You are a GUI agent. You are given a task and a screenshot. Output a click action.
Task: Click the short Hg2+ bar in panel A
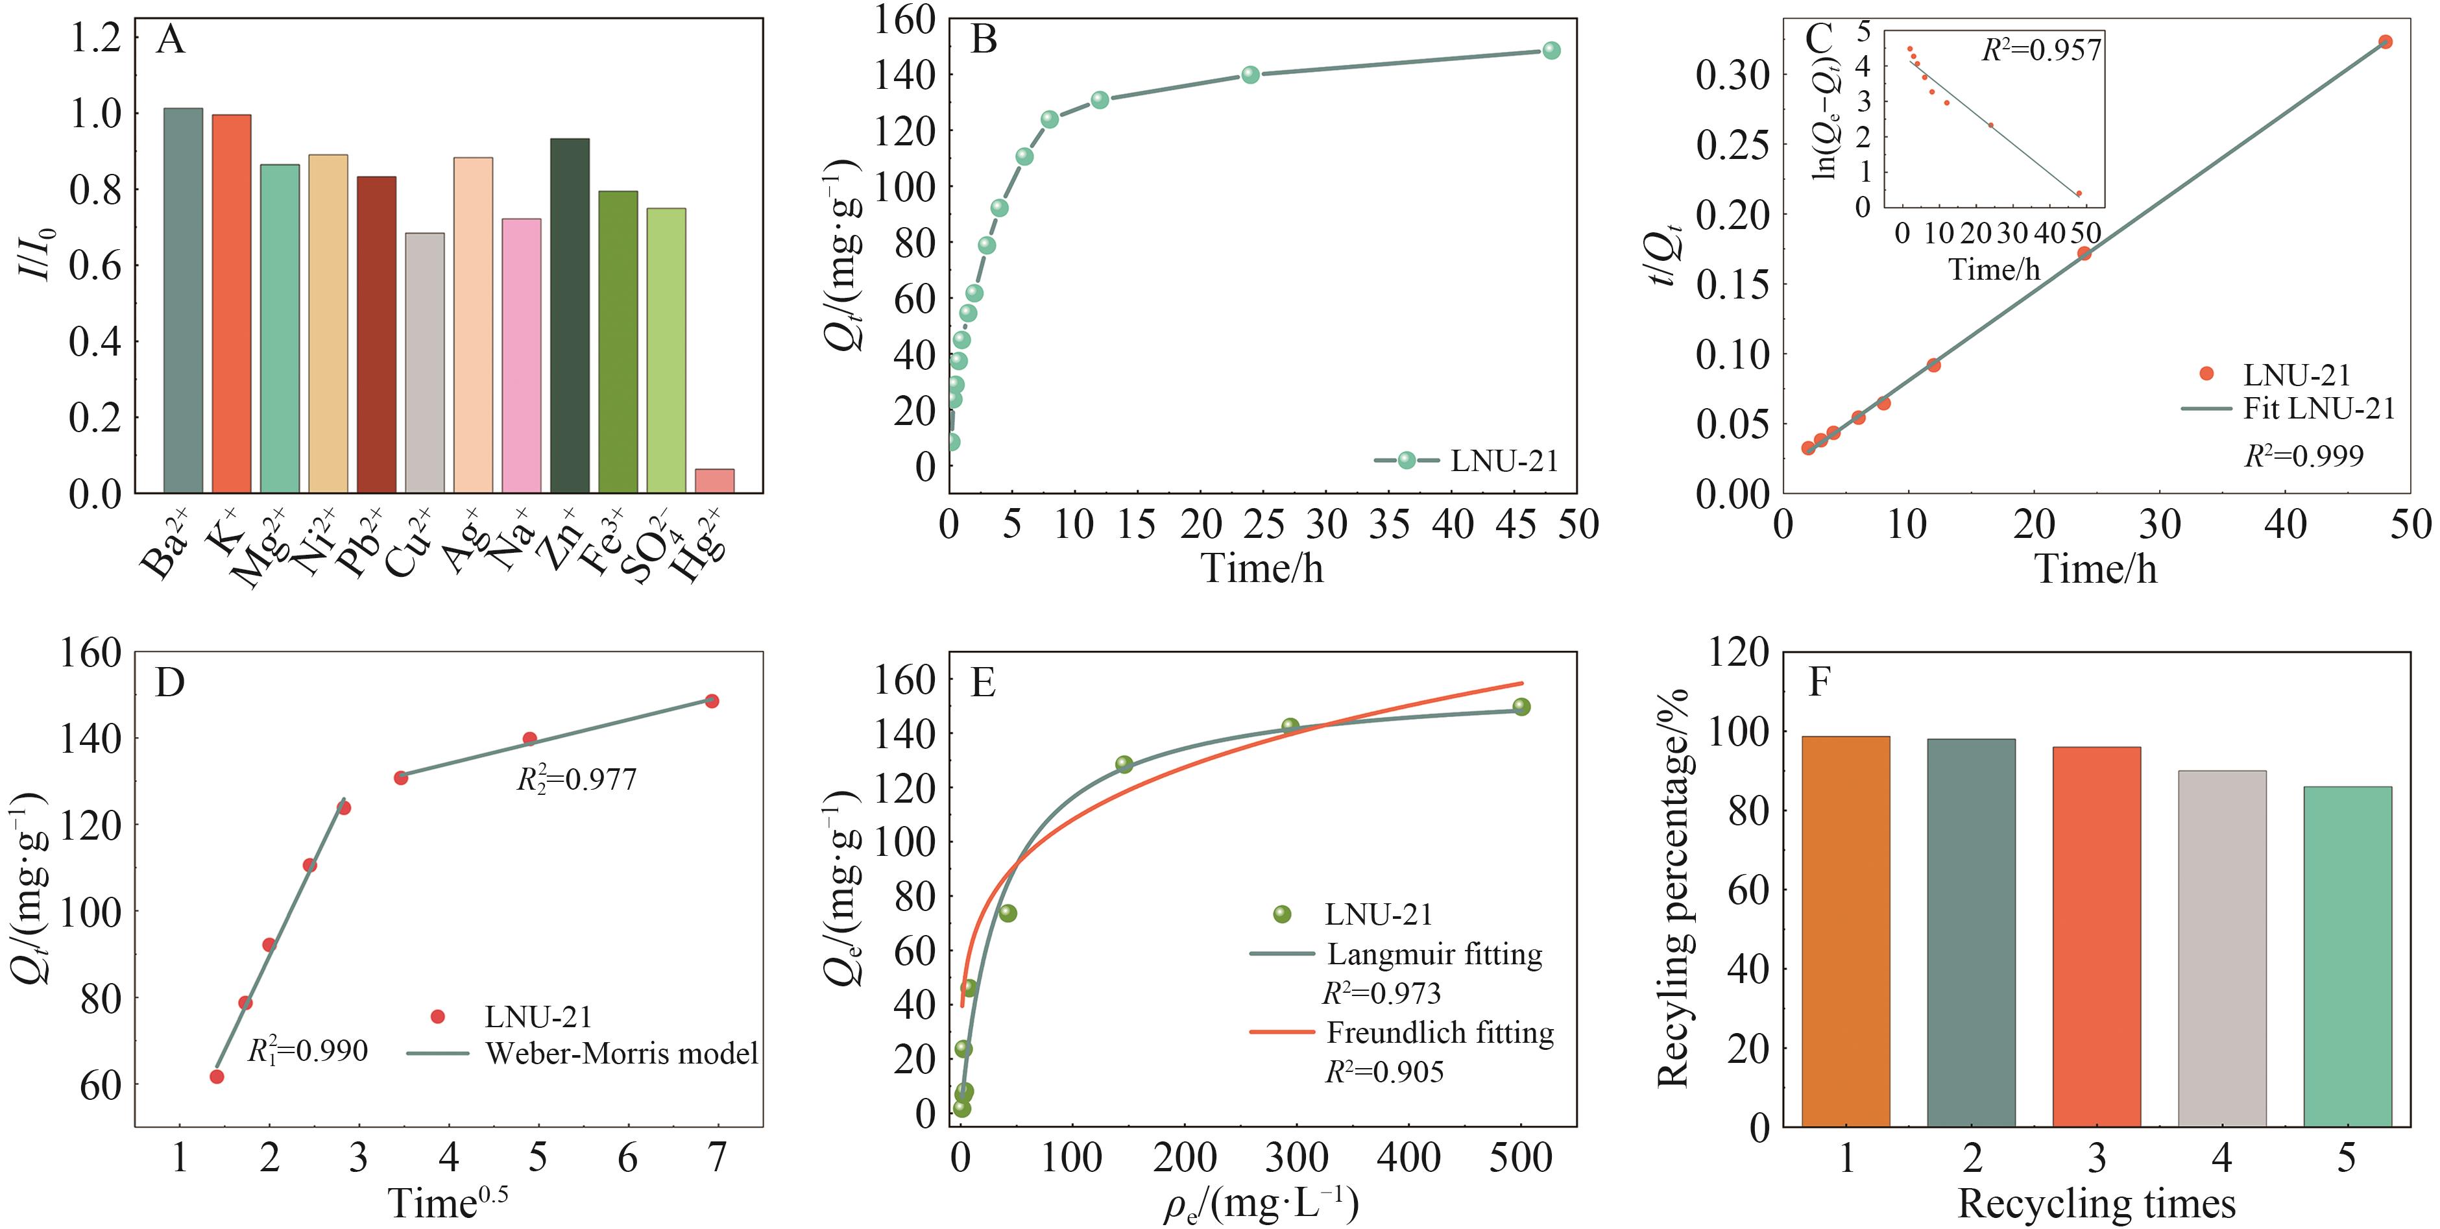714,480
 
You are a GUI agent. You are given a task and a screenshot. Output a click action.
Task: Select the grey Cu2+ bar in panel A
424,363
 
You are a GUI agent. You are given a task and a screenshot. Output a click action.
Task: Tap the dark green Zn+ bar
569,315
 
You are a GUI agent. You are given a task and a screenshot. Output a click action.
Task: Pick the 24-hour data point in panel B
1250,74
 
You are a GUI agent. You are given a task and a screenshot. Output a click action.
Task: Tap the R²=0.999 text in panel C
2304,456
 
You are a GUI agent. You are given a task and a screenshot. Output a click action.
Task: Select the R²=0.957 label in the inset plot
2041,49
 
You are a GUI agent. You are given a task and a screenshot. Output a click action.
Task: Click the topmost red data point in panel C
2385,42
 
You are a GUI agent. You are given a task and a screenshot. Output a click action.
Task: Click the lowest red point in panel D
217,1077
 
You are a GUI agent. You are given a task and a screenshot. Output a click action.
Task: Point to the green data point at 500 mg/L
1521,707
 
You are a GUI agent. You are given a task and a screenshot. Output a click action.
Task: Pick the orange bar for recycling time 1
1846,931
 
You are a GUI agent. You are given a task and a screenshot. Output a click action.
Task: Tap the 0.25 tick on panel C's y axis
1732,145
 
